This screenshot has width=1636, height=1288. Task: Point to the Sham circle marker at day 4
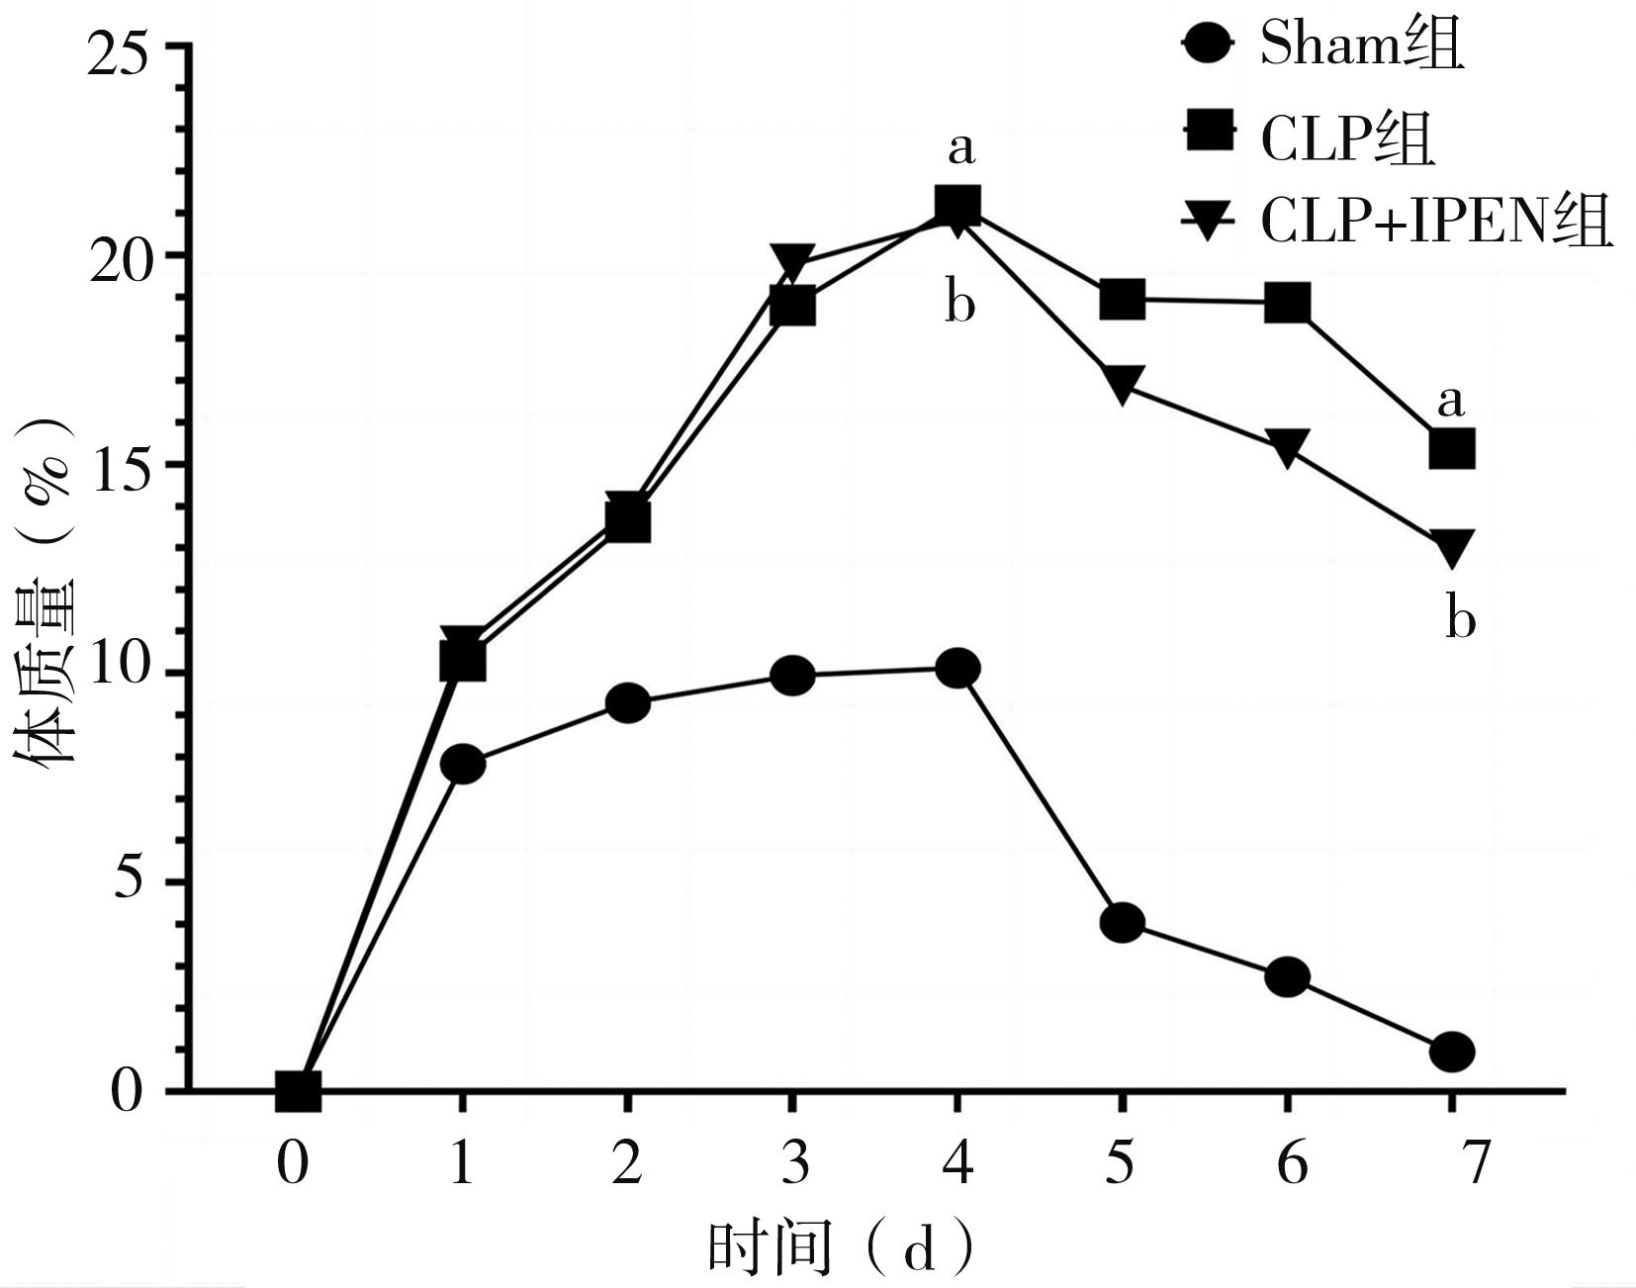[957, 669]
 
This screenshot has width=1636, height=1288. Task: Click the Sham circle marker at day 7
[1452, 1051]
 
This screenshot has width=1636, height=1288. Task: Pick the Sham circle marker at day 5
[1122, 923]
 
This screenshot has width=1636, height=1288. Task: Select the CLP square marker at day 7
[1452, 450]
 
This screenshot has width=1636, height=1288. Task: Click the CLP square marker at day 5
[1122, 299]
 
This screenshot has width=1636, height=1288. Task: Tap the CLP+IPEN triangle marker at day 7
[1452, 546]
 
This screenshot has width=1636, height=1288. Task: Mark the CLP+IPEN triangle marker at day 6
[1287, 447]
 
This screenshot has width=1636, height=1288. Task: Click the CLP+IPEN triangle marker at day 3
[792, 261]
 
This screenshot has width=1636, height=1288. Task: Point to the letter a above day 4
[960, 148]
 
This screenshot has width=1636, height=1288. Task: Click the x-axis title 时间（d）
[841, 1248]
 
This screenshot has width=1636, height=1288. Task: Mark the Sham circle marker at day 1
[463, 764]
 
